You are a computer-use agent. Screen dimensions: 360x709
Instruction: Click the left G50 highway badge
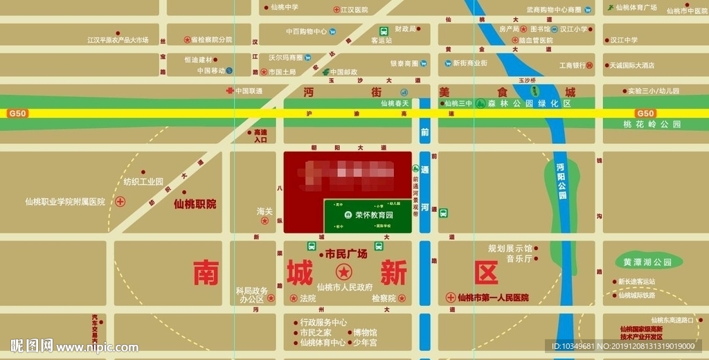[17, 114]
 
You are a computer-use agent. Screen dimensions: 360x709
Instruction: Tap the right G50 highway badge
[645, 114]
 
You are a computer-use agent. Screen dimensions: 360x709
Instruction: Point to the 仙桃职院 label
[195, 204]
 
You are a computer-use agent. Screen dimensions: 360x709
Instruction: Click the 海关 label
[265, 211]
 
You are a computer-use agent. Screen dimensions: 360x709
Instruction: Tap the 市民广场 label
[345, 254]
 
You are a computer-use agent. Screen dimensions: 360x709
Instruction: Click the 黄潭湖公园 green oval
[648, 262]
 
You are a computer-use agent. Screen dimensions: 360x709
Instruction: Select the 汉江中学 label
[624, 40]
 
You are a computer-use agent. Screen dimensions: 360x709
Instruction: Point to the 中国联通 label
[249, 91]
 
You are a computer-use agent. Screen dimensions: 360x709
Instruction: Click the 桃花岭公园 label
[652, 125]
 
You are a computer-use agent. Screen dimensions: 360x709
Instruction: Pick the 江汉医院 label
[354, 10]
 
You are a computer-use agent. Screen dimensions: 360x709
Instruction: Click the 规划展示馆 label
[510, 248]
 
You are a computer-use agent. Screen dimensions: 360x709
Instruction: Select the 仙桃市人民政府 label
[345, 287]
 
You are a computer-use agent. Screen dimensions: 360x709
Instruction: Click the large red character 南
[206, 271]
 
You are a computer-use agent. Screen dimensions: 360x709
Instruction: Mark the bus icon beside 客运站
[384, 31]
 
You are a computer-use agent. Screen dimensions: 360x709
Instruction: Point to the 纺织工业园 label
[143, 182]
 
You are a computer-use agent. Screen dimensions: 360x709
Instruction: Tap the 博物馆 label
[365, 332]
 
